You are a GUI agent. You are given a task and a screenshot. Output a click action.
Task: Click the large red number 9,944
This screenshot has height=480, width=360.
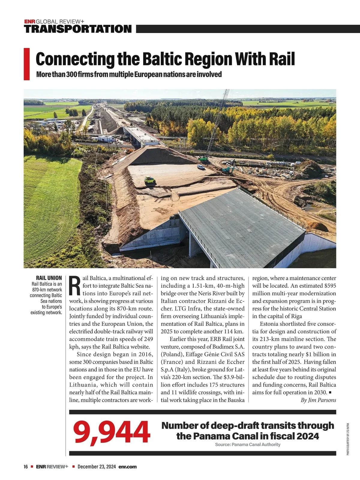(x=111, y=432)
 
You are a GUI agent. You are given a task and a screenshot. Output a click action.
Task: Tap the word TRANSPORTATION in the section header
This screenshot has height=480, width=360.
(x=78, y=29)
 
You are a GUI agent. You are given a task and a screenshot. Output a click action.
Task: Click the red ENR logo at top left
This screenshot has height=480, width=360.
(x=30, y=22)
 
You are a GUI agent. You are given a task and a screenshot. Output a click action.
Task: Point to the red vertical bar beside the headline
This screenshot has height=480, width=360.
(x=27, y=64)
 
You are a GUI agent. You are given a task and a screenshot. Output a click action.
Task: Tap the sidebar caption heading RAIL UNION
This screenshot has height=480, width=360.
(x=49, y=278)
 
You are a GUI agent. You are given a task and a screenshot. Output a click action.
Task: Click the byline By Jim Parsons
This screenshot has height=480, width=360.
(x=318, y=400)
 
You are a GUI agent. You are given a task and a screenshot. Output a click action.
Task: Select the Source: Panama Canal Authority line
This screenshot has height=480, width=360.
(x=247, y=445)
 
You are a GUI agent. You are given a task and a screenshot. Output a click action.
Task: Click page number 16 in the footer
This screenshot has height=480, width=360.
(x=26, y=467)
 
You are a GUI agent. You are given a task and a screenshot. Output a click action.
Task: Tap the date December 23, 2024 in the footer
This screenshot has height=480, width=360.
(x=97, y=467)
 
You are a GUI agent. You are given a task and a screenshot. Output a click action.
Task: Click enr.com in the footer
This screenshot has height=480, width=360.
(x=127, y=467)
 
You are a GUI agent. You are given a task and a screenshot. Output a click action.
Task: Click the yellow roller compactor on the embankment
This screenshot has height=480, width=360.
(x=150, y=180)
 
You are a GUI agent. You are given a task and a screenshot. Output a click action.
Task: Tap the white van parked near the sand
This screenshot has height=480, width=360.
(x=200, y=166)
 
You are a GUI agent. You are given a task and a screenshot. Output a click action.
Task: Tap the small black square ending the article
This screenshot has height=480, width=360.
(x=330, y=392)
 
